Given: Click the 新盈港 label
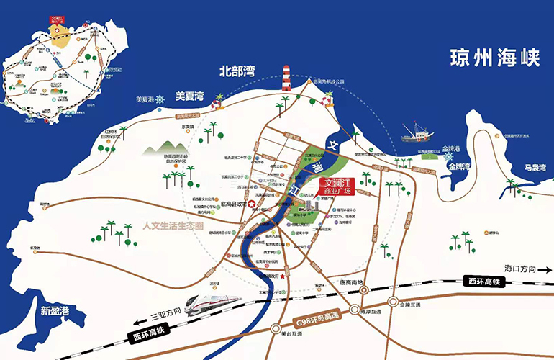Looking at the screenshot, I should [55, 311].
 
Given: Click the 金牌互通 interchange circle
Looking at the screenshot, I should [392, 302].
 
